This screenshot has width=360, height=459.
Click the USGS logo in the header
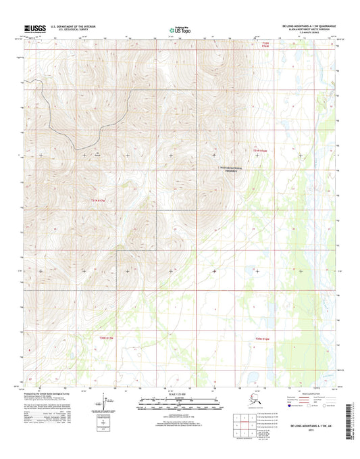point(26,28)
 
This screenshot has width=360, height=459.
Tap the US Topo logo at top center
point(179,29)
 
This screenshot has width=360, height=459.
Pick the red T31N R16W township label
point(261,150)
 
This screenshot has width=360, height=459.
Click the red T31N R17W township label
point(99,199)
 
